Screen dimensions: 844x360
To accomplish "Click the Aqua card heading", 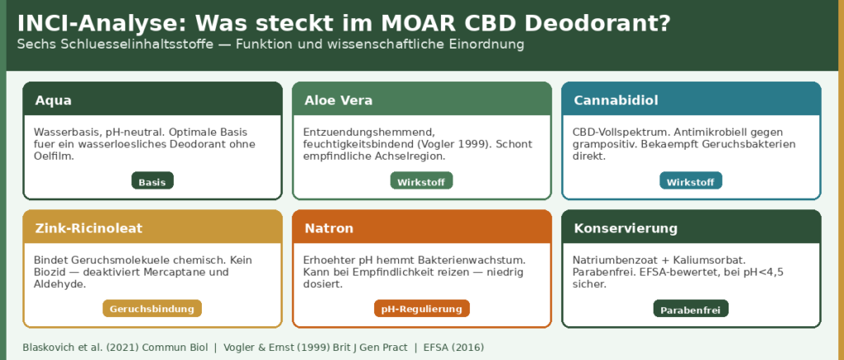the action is [54, 101].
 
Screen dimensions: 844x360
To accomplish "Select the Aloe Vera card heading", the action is [339, 101].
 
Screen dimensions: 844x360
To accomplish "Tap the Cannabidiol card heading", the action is [616, 101].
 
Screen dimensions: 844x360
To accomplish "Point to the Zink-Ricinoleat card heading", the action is [89, 228].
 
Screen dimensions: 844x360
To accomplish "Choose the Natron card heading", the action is [329, 228].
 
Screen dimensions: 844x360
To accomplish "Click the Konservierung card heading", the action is [626, 228].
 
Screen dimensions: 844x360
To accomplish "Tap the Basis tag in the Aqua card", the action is [152, 181].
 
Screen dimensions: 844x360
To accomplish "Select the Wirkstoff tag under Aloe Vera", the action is [421, 181].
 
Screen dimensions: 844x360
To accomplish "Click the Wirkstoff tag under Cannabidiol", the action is [691, 181].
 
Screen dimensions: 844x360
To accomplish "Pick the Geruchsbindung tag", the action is [152, 309].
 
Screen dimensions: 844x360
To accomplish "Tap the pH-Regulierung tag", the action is [421, 309].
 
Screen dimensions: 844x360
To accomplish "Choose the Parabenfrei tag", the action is [691, 310].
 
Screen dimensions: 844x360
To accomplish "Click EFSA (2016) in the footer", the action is [453, 348].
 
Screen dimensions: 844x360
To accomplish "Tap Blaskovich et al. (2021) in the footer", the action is [80, 348].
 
